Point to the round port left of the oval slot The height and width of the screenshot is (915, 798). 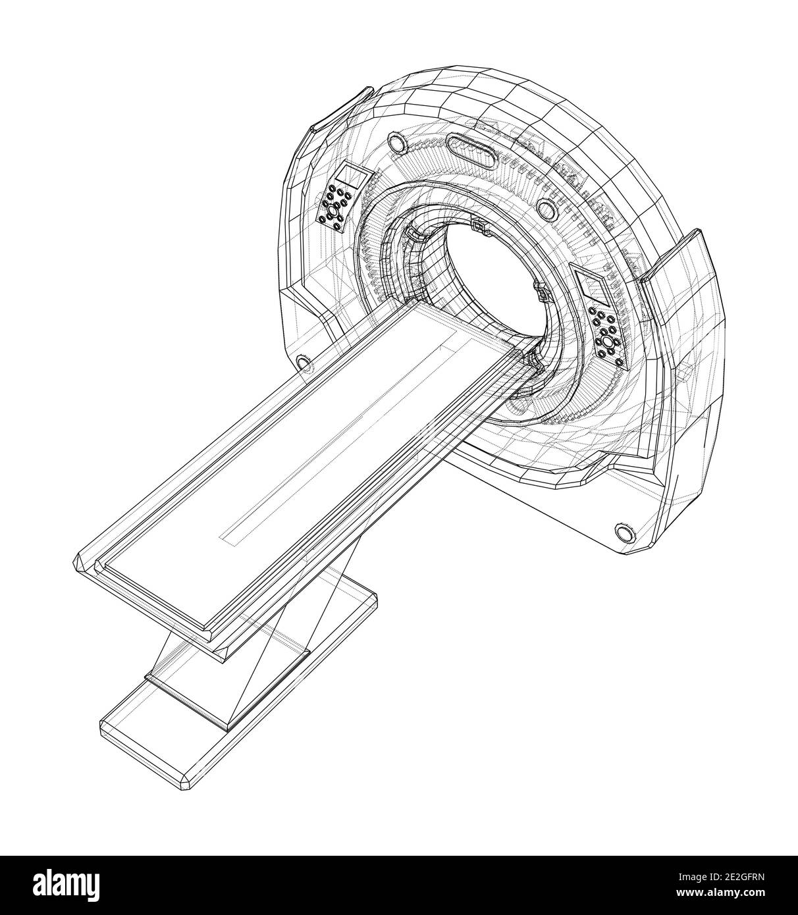point(396,142)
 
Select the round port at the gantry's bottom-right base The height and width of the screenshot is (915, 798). point(624,532)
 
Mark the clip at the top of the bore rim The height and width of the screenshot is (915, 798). point(479,226)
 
